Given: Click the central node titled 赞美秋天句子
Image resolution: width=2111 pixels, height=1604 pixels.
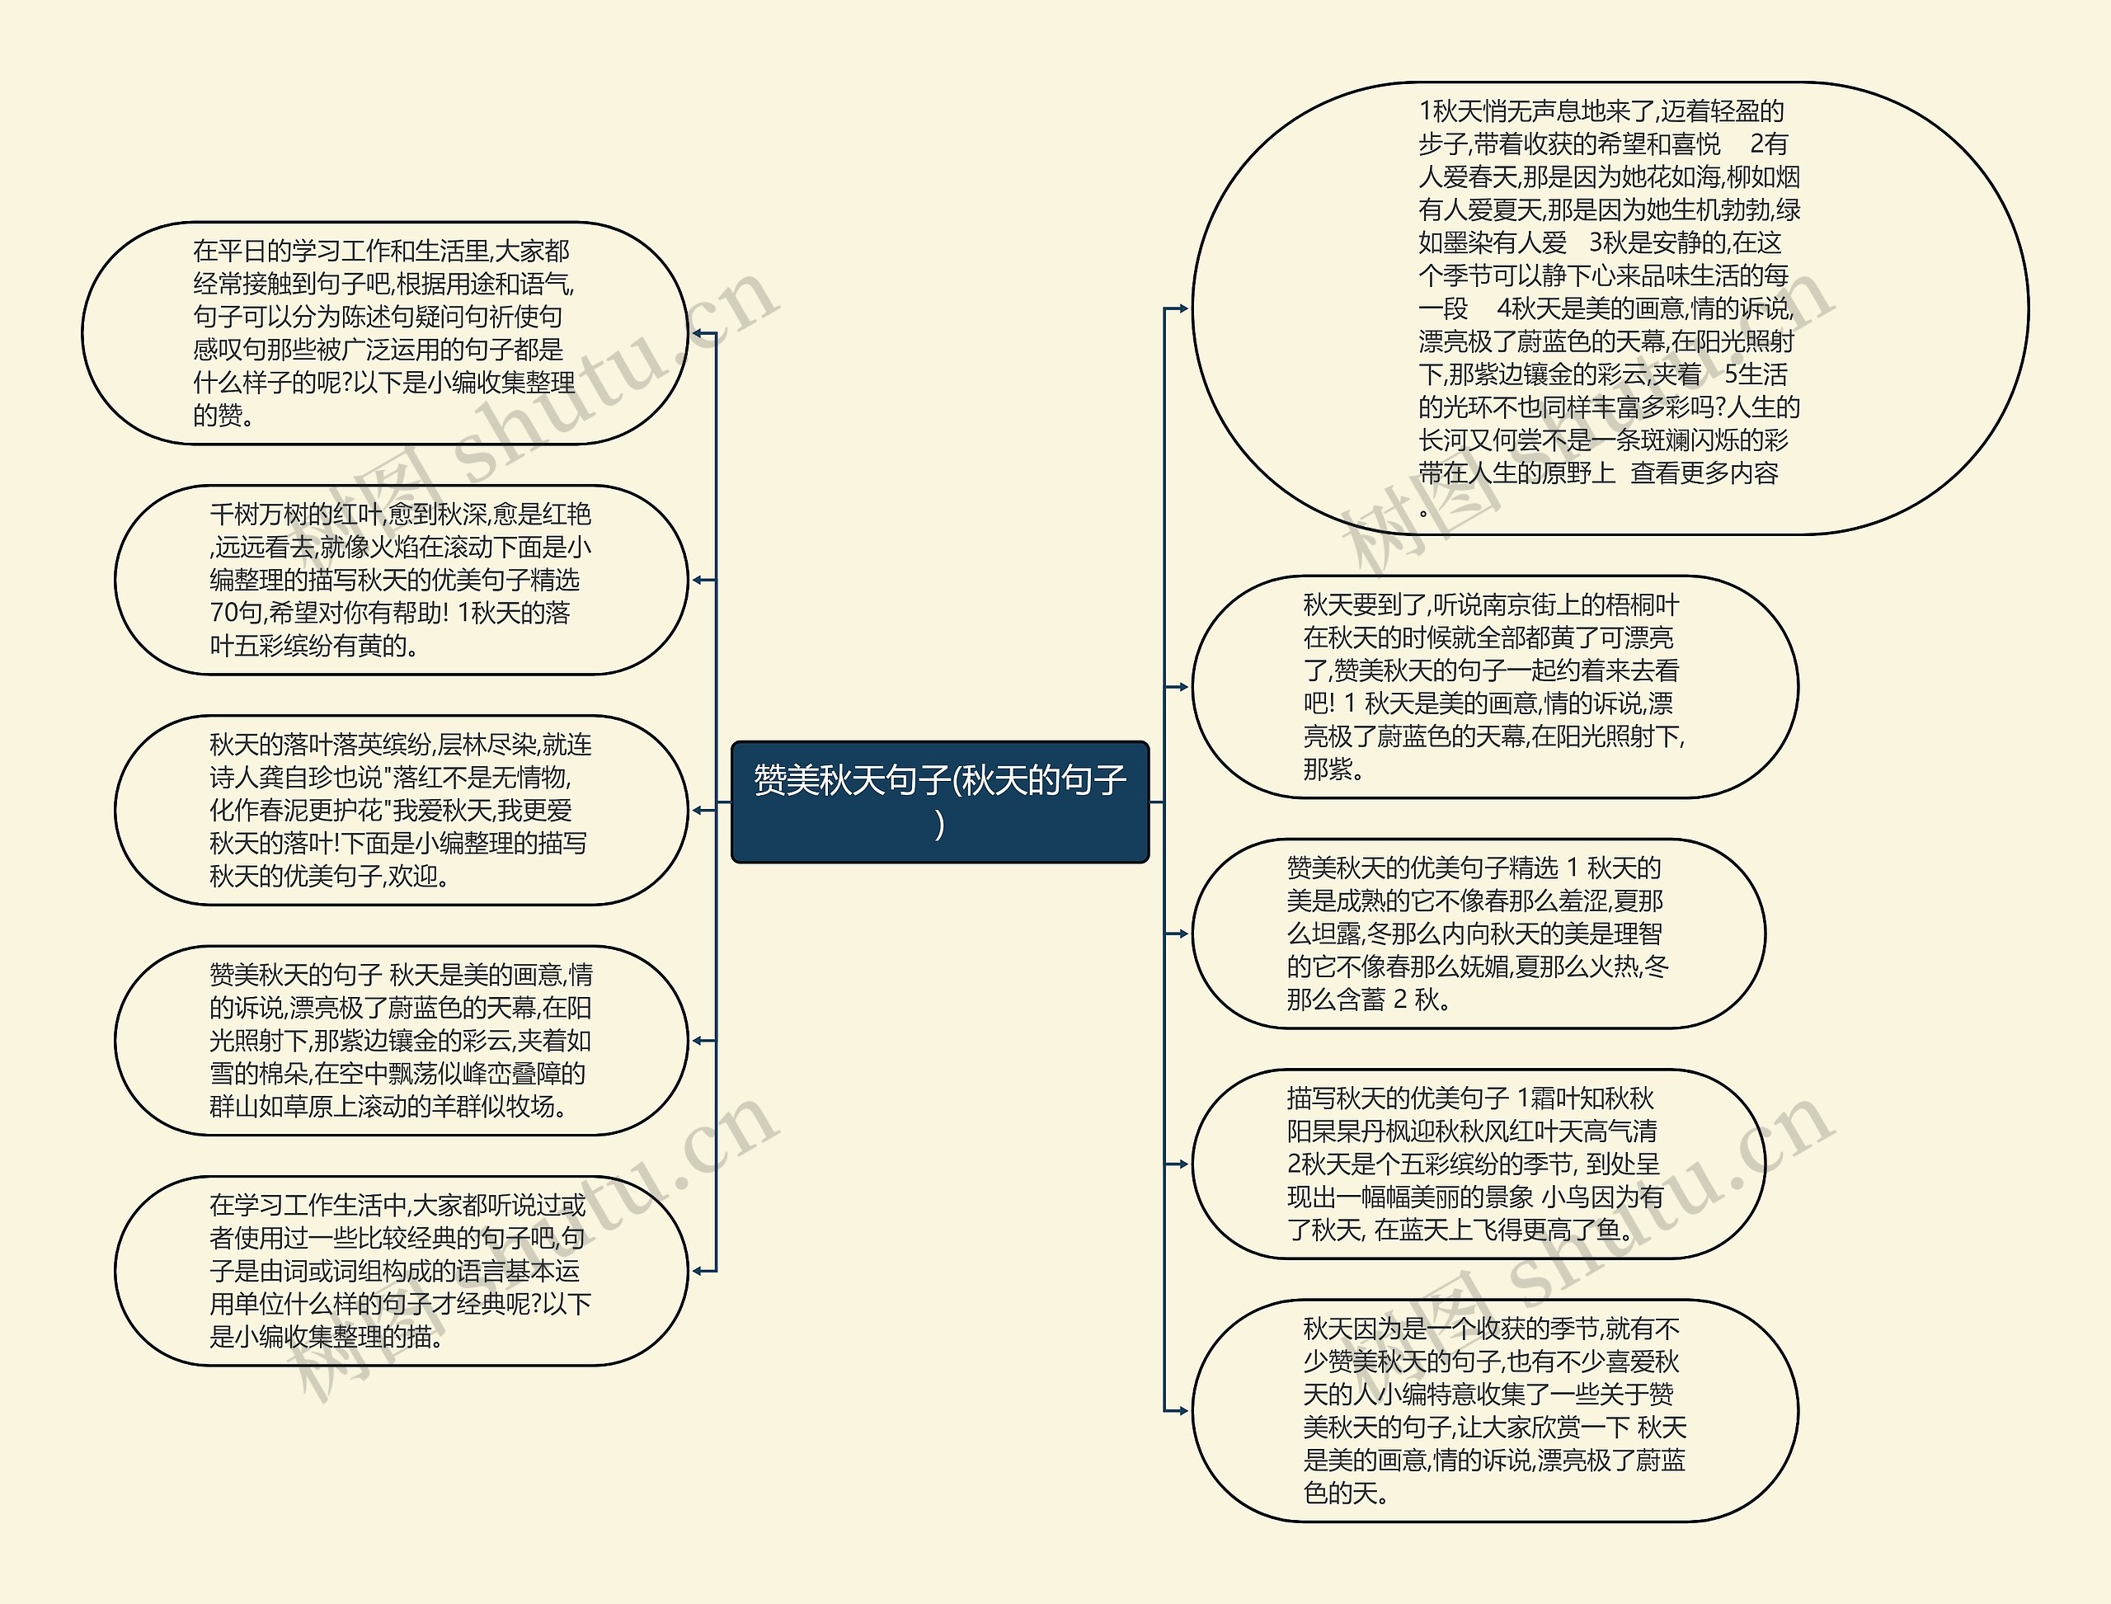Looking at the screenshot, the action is [x=939, y=800].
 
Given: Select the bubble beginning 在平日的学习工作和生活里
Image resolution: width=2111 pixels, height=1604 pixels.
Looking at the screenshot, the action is [x=383, y=333].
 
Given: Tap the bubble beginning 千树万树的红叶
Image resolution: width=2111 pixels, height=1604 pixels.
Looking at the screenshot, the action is [x=400, y=580].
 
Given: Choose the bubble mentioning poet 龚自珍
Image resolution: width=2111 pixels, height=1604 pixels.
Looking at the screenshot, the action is [x=400, y=810].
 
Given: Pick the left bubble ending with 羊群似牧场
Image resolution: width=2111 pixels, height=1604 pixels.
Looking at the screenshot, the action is [x=400, y=1040].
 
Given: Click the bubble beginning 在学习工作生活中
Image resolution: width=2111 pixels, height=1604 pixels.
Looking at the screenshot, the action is [x=400, y=1270].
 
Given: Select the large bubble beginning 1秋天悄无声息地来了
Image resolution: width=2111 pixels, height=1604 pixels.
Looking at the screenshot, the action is [x=1609, y=308].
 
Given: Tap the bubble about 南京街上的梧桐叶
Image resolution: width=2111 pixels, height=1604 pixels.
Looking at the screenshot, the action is [x=1494, y=686].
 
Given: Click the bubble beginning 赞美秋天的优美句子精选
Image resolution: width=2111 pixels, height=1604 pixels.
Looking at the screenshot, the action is [x=1478, y=933].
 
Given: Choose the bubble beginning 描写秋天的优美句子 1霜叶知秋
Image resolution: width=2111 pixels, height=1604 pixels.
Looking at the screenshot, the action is [x=1478, y=1163].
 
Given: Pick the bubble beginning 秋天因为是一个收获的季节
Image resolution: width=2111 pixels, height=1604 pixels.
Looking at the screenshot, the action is [x=1494, y=1409].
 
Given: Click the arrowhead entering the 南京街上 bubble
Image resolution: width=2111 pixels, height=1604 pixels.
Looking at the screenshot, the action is [x=1182, y=686].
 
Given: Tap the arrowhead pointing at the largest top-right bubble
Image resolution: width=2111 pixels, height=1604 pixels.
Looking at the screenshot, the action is [x=1182, y=308].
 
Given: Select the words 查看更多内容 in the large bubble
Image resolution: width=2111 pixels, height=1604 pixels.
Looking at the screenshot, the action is [x=1704, y=473].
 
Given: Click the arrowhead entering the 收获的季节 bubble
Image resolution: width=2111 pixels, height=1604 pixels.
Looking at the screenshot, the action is [x=1182, y=1410].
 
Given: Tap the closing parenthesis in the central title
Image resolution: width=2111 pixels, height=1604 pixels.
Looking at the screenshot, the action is [x=940, y=824].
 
